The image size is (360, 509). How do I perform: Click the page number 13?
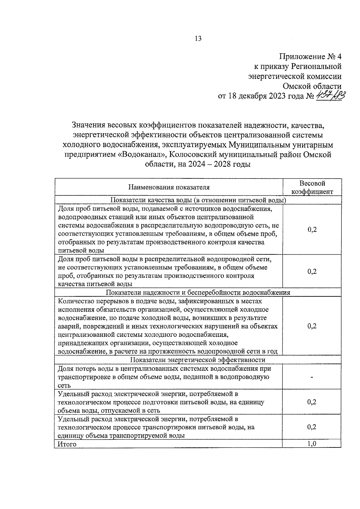[198, 39]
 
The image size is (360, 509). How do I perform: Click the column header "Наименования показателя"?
[169, 187]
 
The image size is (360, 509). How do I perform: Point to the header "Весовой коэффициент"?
[312, 187]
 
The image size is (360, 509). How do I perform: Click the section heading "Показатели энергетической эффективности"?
[198, 360]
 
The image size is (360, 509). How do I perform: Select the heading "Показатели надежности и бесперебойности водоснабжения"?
[198, 292]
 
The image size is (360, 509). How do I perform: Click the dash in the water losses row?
[312, 377]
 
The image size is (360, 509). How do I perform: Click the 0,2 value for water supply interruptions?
[312, 326]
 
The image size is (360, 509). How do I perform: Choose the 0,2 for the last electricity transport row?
[312, 427]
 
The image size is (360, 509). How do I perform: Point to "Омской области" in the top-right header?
[312, 86]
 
